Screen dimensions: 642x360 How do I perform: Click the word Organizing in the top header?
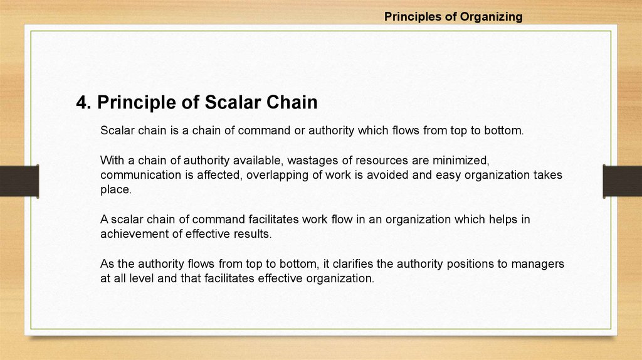point(491,17)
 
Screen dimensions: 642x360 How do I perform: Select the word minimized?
point(461,160)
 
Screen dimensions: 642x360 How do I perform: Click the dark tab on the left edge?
point(19,181)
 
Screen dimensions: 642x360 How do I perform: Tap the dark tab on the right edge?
point(623,181)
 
